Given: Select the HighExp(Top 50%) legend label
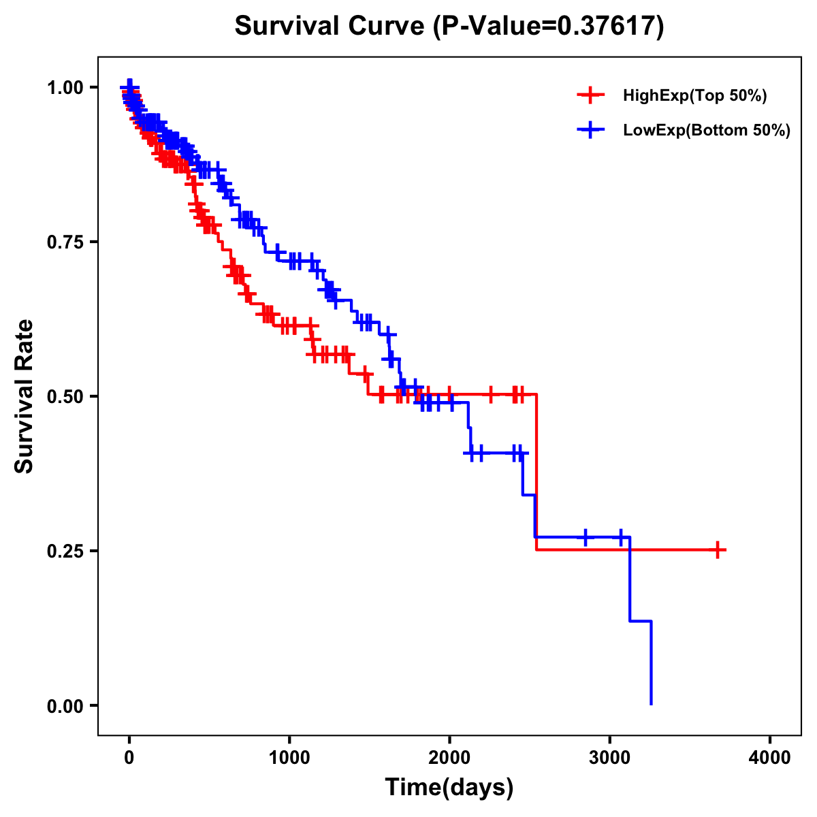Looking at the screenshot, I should (694, 96).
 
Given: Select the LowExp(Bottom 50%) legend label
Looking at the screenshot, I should (706, 130).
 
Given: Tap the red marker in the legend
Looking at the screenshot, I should (590, 95).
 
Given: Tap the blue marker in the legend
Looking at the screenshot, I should (590, 129).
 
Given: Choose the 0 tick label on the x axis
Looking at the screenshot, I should (129, 758).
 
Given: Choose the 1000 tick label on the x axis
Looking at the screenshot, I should (289, 758).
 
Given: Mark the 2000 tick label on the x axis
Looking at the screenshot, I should (449, 758).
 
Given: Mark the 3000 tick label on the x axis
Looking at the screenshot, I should (610, 758).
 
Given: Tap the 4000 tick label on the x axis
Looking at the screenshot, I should (770, 758).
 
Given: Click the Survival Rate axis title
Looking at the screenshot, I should (25, 396).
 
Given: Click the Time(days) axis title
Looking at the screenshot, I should (449, 788).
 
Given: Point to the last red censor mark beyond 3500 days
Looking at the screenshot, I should (718, 549).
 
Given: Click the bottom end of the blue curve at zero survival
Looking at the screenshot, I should (652, 704).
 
